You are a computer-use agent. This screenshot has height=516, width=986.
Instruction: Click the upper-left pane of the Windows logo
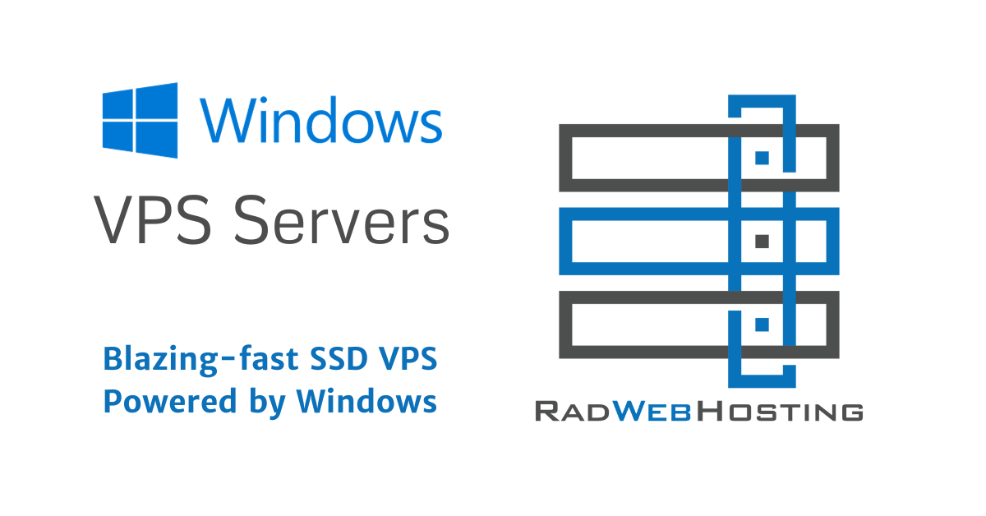117,104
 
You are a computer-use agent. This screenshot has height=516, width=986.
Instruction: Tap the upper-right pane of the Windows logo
157,101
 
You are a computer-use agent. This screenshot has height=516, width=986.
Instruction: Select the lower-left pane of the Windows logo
117,137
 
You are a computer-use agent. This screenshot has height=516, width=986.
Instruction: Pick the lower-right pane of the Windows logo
157,140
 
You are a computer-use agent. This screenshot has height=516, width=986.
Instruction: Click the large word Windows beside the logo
321,120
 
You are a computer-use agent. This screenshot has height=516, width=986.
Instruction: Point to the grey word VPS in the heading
152,219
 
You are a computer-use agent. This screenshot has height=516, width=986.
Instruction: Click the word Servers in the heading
341,219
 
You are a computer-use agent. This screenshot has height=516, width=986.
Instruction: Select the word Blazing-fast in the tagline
200,360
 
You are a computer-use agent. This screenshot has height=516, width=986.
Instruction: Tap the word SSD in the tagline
339,358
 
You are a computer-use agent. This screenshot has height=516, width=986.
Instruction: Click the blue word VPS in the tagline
408,358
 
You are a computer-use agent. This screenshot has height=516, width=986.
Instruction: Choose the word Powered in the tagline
170,401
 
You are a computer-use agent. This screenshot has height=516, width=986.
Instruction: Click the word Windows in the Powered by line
366,401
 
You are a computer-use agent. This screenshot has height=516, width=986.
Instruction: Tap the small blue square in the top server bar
762,158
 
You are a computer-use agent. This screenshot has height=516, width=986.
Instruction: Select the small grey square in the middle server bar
762,242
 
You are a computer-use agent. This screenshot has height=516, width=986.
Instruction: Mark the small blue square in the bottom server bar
762,325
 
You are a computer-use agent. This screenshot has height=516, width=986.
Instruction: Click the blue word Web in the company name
652,411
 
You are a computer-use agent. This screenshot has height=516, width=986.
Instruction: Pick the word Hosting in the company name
780,411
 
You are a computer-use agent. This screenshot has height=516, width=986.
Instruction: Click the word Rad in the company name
572,411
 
